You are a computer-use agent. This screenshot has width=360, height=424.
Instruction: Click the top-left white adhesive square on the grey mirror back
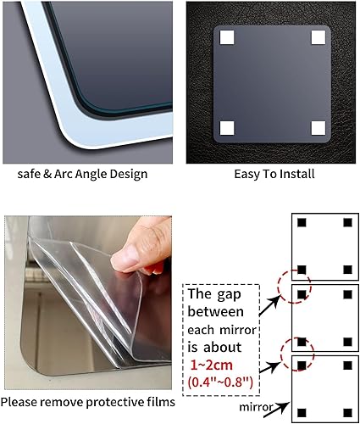click(227, 38)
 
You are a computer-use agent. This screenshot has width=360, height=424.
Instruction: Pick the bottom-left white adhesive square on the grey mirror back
click(227, 128)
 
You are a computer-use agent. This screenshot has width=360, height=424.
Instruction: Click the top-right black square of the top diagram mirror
click(346, 223)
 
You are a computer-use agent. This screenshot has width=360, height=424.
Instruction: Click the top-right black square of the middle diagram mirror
click(346, 294)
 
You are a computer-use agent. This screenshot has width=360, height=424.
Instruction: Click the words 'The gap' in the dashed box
click(214, 295)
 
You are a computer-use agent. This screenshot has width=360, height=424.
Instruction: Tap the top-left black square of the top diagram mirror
click(301, 223)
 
